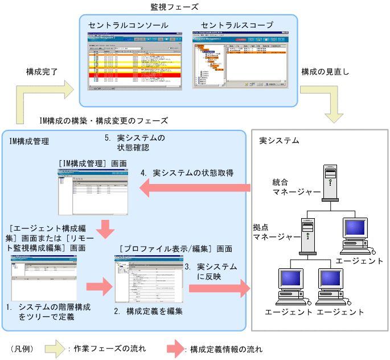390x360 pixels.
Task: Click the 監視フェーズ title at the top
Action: click(175, 7)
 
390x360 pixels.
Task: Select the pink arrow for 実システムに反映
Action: click(219, 288)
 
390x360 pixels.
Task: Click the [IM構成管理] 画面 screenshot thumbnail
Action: click(92, 193)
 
